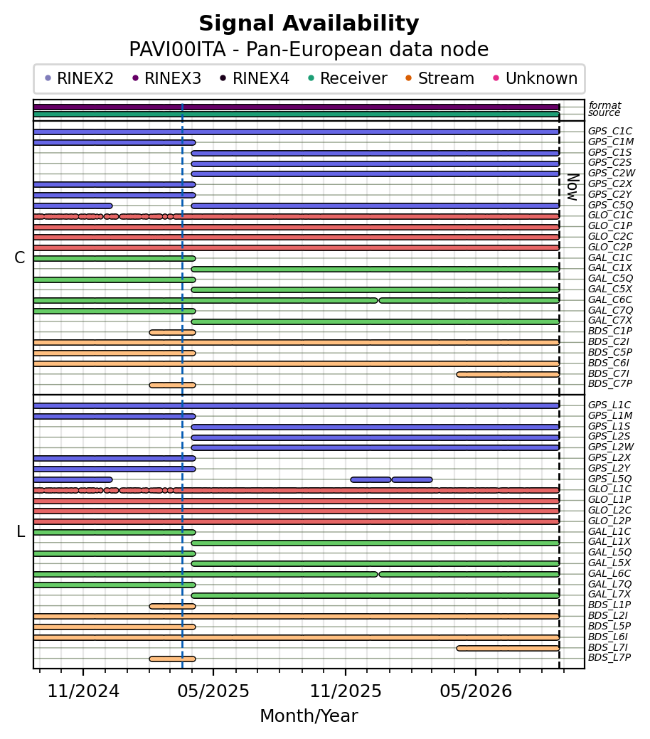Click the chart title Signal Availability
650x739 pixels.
(309, 23)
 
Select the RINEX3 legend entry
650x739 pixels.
(167, 78)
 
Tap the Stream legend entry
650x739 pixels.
(440, 78)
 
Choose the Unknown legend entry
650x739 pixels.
(536, 78)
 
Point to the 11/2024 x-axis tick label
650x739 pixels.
(83, 691)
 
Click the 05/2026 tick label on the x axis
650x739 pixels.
(476, 691)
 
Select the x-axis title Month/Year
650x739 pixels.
(309, 716)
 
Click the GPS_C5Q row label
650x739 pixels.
(610, 205)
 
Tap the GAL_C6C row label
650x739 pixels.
(610, 299)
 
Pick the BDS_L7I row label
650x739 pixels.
(607, 647)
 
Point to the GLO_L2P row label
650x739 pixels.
(609, 521)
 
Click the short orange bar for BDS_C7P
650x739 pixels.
(173, 385)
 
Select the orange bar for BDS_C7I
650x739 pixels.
(508, 374)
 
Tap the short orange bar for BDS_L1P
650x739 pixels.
(173, 606)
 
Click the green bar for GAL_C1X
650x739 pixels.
(375, 269)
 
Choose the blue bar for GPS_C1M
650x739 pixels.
(114, 142)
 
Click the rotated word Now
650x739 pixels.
(572, 187)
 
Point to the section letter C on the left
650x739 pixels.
(20, 257)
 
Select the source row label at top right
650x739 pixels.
(604, 112)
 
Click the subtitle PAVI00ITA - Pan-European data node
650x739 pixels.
(309, 50)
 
